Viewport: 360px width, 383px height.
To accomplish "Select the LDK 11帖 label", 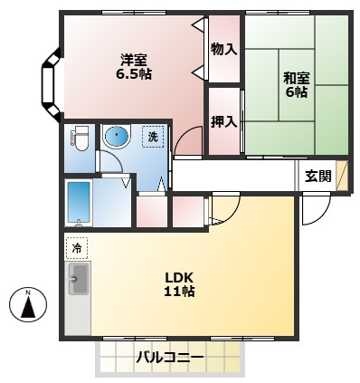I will click(x=179, y=284).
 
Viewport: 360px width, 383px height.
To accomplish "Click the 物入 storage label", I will click(x=223, y=49).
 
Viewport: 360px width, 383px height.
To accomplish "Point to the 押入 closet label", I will click(x=223, y=120).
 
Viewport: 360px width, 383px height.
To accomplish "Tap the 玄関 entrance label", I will click(x=317, y=177).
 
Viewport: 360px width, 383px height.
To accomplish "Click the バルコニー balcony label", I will click(x=170, y=359).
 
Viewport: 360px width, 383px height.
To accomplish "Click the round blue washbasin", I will click(x=116, y=138).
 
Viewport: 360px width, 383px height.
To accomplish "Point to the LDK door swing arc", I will click(x=223, y=210).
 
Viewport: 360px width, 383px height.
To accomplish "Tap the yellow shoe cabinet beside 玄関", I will click(x=341, y=177).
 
